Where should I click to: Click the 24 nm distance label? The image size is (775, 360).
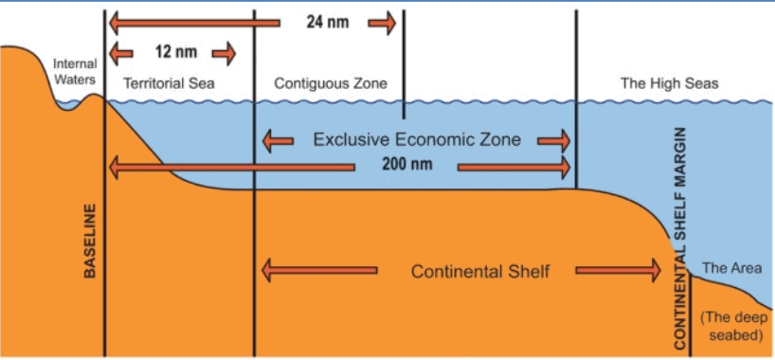pyautogui.click(x=327, y=23)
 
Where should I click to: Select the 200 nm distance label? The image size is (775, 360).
pyautogui.click(x=406, y=164)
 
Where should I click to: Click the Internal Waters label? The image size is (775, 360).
pyautogui.click(x=75, y=72)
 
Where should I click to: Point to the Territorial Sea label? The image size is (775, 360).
pyautogui.click(x=169, y=83)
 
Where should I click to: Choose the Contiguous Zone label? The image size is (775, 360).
pyautogui.click(x=331, y=83)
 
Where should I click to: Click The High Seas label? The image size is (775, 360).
pyautogui.click(x=670, y=83)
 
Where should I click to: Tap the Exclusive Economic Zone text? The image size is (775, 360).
pyautogui.click(x=417, y=140)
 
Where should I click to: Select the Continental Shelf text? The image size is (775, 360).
pyautogui.click(x=480, y=272)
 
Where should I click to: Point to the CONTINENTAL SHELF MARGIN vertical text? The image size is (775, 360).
pyautogui.click(x=680, y=240)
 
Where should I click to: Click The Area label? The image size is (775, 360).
pyautogui.click(x=729, y=268)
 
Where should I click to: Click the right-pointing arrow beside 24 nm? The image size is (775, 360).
pyautogui.click(x=382, y=23)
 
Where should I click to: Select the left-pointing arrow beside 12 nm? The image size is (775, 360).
pyautogui.click(x=120, y=53)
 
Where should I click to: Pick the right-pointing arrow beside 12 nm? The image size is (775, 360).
pyautogui.click(x=224, y=53)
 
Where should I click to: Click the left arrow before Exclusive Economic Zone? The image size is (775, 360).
pyautogui.click(x=278, y=141)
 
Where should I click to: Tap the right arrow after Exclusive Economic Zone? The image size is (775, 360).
pyautogui.click(x=554, y=141)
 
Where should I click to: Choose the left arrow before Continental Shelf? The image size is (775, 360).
pyautogui.click(x=319, y=270)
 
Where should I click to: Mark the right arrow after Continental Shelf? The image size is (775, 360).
pyautogui.click(x=618, y=270)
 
